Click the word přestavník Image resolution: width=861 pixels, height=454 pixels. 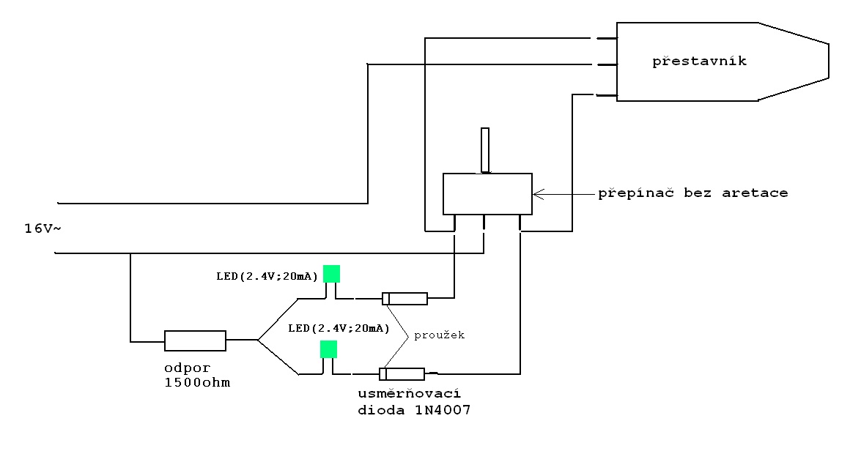699,61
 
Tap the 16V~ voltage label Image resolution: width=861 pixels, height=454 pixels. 43,228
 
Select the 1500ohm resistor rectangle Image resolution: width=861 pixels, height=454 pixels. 195,340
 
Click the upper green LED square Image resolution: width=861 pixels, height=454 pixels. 331,273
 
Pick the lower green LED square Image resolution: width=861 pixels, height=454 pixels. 328,349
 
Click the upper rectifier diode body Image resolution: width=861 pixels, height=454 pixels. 404,298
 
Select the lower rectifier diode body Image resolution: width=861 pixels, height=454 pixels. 402,374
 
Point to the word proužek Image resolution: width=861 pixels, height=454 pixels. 439,335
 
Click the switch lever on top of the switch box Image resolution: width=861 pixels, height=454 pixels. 485,150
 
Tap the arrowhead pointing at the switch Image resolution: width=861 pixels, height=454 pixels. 538,194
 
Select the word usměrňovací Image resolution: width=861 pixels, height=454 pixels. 409,394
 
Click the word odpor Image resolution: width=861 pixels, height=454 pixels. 188,368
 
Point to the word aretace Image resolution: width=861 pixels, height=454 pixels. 755,193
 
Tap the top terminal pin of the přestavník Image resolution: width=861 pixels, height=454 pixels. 607,38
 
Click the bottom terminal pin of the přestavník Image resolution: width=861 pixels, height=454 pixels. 607,95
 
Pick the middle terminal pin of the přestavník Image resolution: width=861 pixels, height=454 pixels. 607,64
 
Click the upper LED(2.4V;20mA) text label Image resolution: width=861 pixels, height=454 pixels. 267,276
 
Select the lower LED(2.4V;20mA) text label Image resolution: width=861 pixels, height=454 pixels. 339,328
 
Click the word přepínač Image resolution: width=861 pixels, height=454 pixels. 635,193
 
